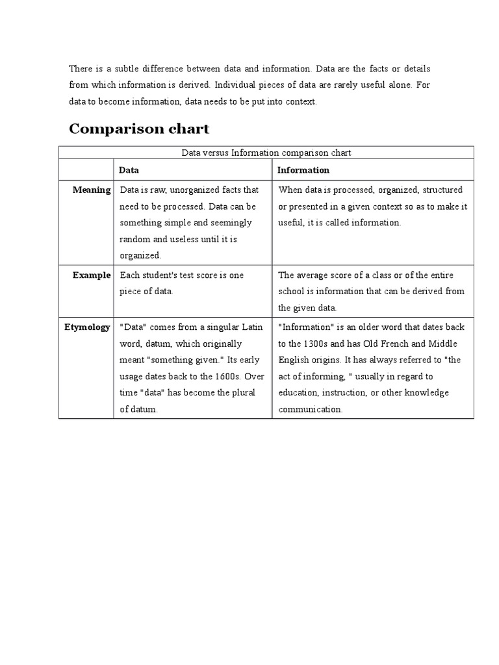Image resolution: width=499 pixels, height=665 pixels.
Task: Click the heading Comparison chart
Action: click(x=139, y=129)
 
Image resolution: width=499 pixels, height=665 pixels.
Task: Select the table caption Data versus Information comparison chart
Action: click(x=266, y=153)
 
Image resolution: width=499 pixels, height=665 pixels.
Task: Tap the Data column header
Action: click(x=129, y=169)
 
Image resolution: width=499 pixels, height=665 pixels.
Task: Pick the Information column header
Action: click(x=303, y=169)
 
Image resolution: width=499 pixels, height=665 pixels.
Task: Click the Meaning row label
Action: click(x=92, y=190)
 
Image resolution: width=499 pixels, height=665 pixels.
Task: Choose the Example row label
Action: click(x=92, y=275)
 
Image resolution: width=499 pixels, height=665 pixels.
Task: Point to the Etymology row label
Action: click(x=87, y=327)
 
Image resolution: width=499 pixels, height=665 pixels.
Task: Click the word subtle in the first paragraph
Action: click(x=122, y=68)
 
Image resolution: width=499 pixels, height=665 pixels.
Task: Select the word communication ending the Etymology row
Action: click(x=309, y=409)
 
